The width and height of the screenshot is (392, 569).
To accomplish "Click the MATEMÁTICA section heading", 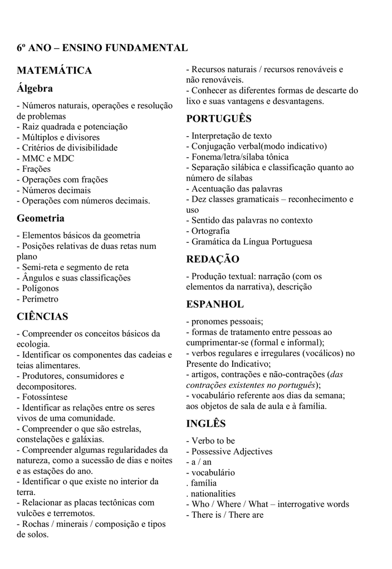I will click(x=54, y=71).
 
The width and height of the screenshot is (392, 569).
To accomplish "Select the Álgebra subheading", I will click(x=35, y=88).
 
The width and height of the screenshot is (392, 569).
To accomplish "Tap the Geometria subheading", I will click(x=41, y=218).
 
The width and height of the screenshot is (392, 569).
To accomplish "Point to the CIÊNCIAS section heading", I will click(x=42, y=317).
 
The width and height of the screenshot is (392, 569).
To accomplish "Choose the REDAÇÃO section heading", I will click(x=213, y=259).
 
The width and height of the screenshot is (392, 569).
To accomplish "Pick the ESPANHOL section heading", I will click(x=215, y=305).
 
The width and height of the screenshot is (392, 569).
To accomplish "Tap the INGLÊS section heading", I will click(x=206, y=424).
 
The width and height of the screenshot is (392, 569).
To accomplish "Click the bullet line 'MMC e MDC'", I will click(x=45, y=158).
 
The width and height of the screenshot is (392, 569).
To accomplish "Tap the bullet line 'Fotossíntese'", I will click(x=42, y=397).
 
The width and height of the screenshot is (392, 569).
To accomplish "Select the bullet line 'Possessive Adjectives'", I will click(x=229, y=452).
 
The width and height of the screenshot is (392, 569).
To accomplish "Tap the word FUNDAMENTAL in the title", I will click(x=144, y=48).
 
